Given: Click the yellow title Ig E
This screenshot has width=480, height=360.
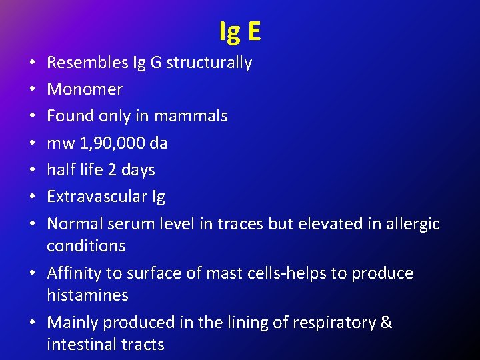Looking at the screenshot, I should (x=240, y=31).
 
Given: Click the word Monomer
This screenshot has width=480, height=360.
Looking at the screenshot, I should (x=85, y=89).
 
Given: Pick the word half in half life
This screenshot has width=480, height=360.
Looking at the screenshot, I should (x=59, y=169).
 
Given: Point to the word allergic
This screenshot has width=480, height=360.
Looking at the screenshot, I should (x=413, y=223).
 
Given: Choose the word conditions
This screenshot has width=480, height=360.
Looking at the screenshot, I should (x=86, y=245).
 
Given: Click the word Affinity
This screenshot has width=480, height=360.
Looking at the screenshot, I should (x=75, y=273).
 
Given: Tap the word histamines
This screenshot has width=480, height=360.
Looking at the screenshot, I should (x=87, y=295).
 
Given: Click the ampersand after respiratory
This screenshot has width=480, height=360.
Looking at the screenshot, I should (x=386, y=323).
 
